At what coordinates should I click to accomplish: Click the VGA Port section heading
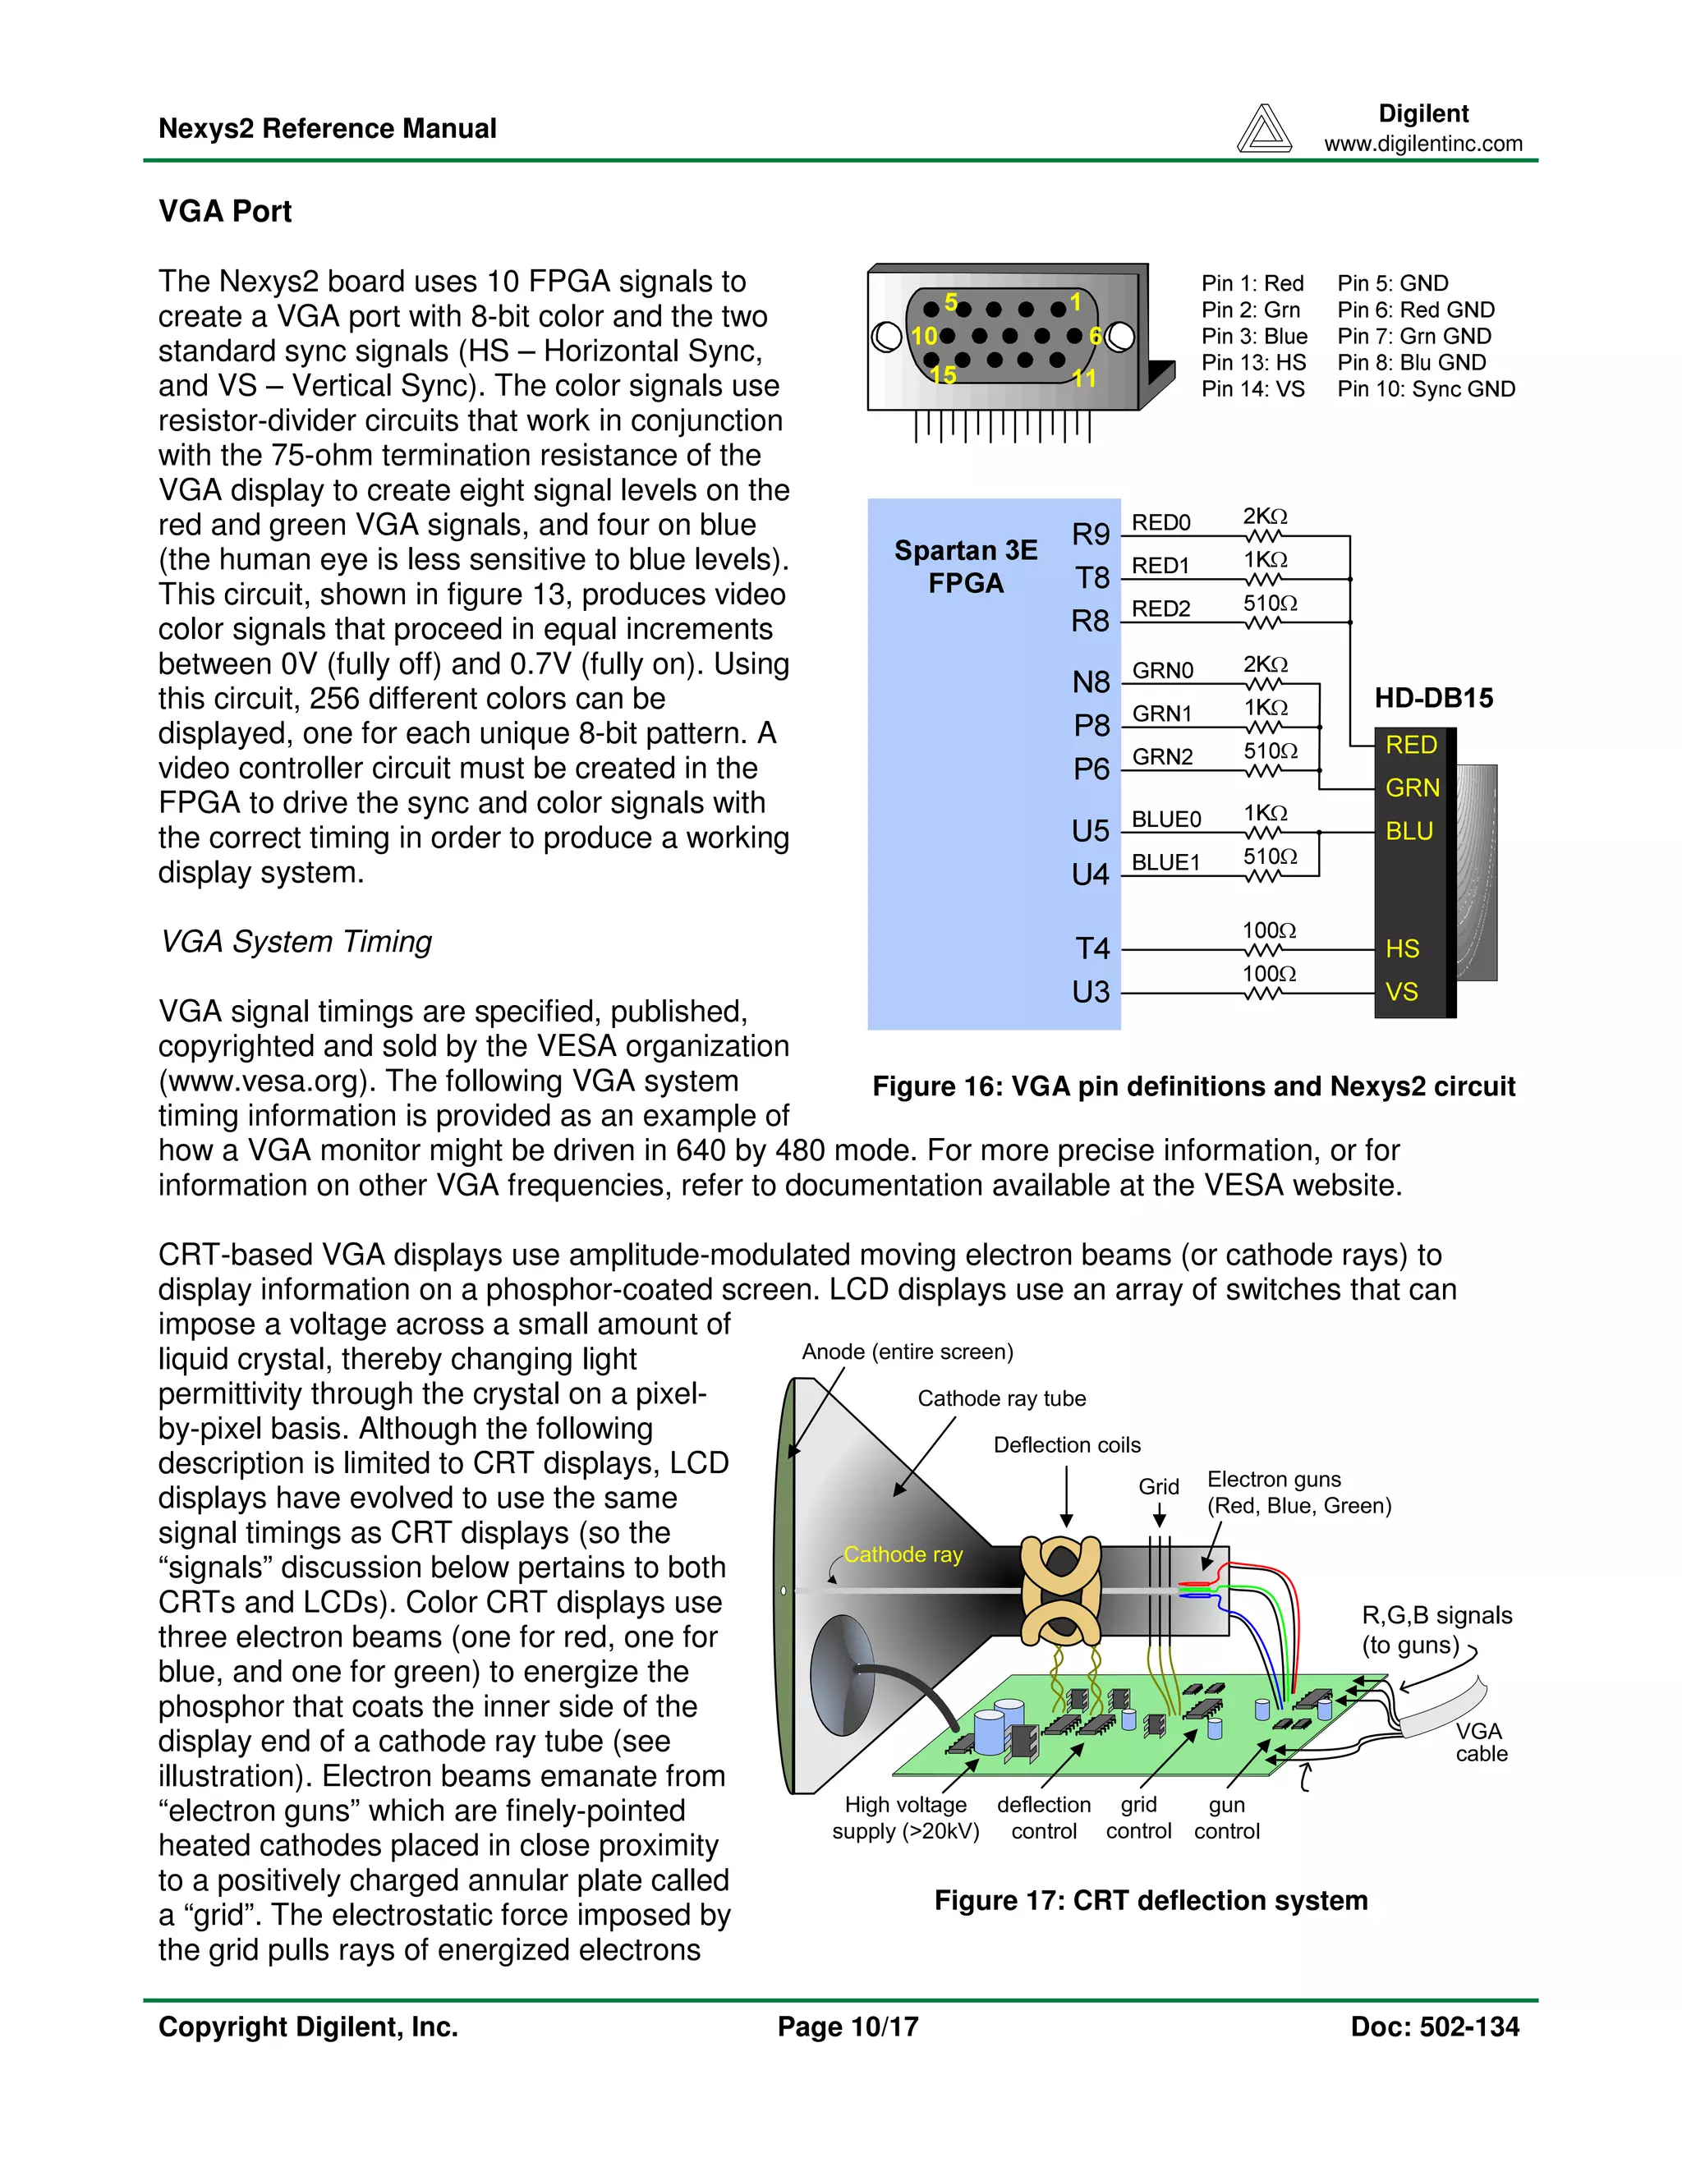(x=225, y=211)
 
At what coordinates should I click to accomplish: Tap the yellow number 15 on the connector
(x=943, y=375)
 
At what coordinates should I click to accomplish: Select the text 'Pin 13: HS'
(x=1252, y=363)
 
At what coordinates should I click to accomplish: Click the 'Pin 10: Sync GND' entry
(x=1425, y=389)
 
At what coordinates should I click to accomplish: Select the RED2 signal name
(x=1160, y=608)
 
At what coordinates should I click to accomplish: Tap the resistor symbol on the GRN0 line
(x=1263, y=683)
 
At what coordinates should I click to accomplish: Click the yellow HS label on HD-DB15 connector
(x=1402, y=949)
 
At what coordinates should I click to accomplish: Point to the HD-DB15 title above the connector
(x=1433, y=699)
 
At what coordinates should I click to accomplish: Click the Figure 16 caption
(x=1193, y=1086)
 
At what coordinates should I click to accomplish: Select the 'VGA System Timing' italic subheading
(x=296, y=942)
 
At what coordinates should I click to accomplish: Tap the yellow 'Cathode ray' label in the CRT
(x=903, y=1554)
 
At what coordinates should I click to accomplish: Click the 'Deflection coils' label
(x=1066, y=1444)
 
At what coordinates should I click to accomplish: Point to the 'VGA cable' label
(x=1480, y=1742)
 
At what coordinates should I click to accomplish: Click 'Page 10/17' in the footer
(x=848, y=2027)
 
